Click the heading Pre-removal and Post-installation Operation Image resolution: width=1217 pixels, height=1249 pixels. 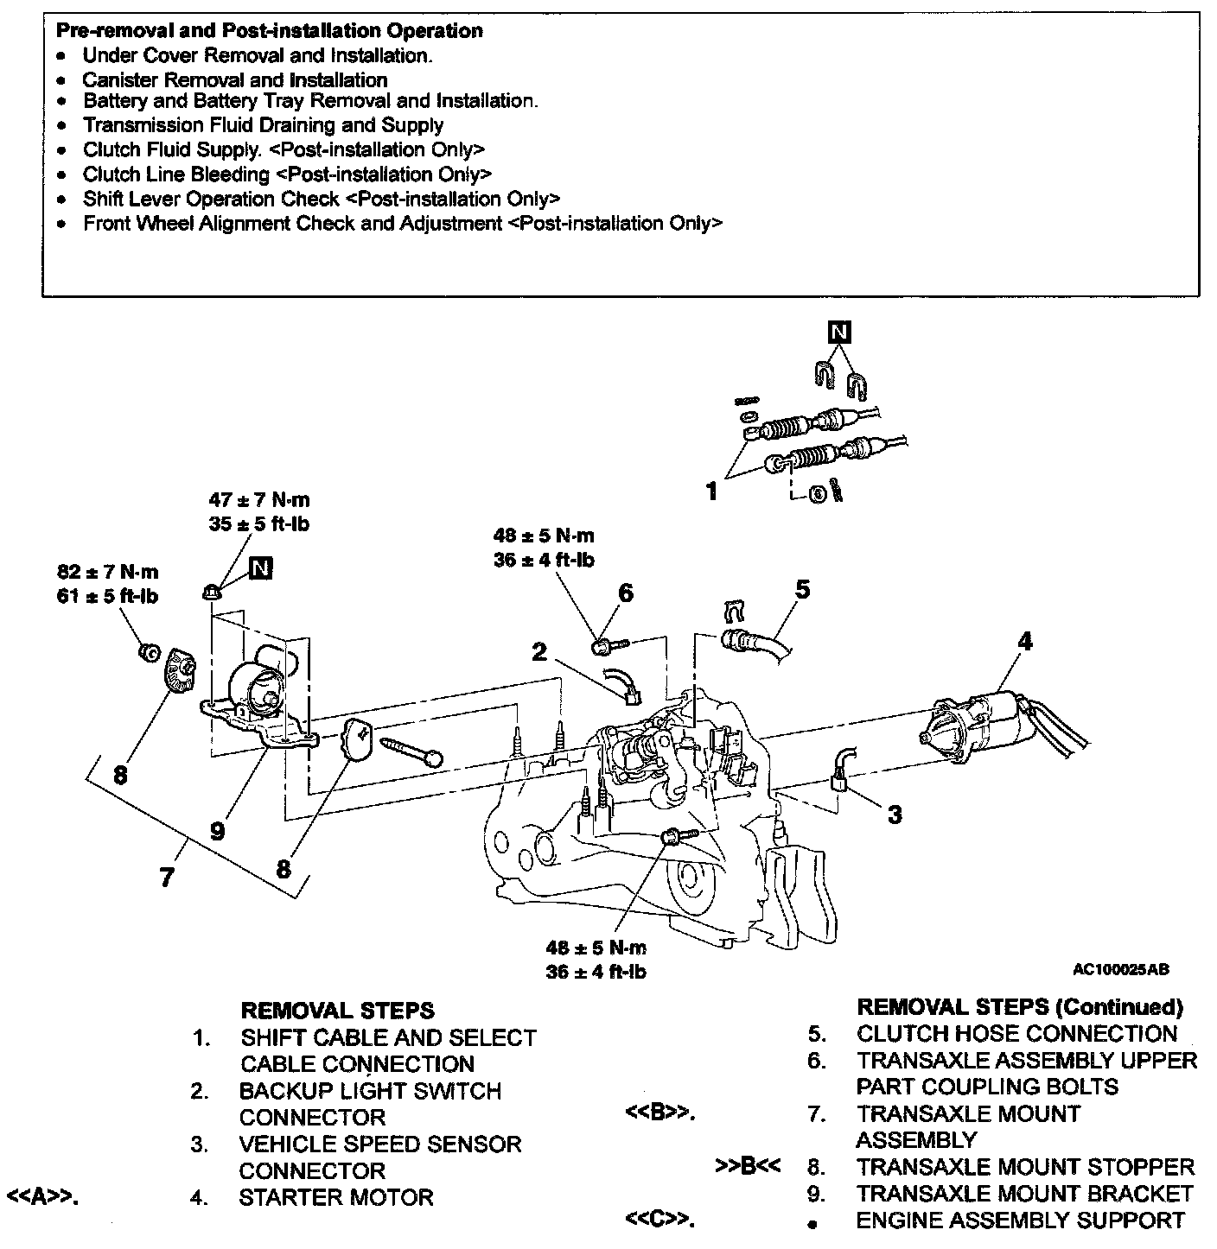click(269, 31)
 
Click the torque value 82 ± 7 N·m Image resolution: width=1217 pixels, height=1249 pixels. click(108, 573)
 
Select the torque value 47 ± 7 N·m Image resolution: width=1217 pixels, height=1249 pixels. click(259, 500)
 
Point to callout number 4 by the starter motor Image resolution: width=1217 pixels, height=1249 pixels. click(1025, 641)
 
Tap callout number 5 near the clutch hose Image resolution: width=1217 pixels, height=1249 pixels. click(803, 590)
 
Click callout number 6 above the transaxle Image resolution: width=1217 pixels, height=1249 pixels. click(626, 593)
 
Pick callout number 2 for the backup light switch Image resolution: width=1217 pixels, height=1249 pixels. click(540, 651)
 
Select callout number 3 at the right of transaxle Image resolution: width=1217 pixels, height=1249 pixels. click(895, 814)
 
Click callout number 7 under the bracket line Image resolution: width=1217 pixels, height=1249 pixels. click(167, 878)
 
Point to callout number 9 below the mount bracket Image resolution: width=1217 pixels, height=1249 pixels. click(217, 831)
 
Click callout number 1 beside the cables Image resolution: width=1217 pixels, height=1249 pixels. click(711, 492)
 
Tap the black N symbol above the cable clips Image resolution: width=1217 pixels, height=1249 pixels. click(838, 332)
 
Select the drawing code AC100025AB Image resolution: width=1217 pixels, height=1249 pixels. click(1121, 970)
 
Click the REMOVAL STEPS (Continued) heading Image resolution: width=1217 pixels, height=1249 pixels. click(1020, 1007)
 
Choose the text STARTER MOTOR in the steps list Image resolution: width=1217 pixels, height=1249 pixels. click(336, 1198)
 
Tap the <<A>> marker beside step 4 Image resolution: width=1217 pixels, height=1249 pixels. click(42, 1198)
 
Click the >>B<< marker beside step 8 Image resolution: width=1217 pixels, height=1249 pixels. click(749, 1167)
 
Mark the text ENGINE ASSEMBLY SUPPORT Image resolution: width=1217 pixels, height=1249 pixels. click(1020, 1220)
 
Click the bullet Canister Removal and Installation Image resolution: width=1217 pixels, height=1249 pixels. click(235, 80)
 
